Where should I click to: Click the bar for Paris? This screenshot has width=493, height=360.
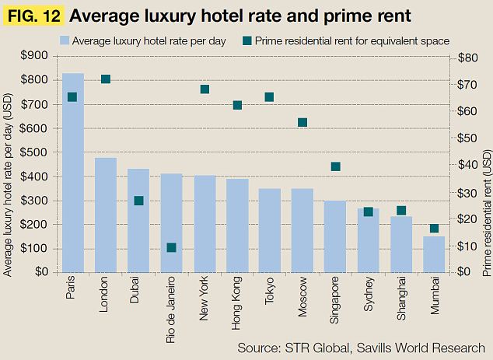click(73, 172)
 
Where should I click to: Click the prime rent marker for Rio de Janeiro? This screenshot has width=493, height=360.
click(171, 247)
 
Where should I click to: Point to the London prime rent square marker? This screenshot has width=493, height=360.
click(106, 79)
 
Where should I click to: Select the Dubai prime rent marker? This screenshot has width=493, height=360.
click(138, 201)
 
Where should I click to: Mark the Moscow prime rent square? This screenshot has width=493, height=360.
click(302, 122)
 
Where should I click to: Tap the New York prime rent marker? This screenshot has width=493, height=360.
click(205, 89)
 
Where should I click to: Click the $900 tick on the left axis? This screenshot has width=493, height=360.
click(37, 55)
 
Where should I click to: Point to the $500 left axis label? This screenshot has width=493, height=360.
click(37, 152)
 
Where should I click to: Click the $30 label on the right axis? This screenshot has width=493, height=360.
click(467, 192)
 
